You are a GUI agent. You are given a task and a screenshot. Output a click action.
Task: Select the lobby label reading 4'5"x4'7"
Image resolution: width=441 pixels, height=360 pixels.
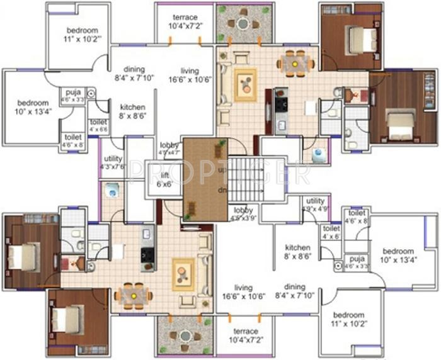[x=169, y=148]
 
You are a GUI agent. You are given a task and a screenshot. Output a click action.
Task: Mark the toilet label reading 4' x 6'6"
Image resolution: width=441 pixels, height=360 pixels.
[x=98, y=125]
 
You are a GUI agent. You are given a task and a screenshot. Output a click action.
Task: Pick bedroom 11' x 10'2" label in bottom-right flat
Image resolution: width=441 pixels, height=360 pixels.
[x=348, y=318]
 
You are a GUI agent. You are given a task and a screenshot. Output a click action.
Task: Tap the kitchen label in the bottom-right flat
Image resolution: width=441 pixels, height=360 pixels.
[x=297, y=251]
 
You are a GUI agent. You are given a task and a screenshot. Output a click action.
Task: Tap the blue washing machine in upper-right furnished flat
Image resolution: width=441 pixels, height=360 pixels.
[x=319, y=153]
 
